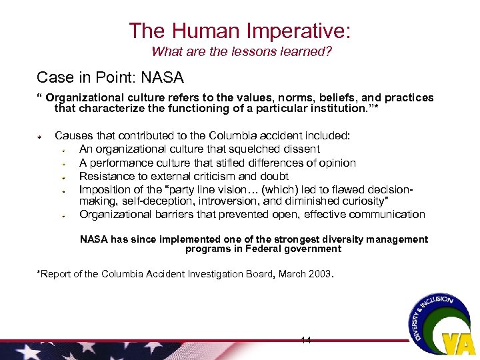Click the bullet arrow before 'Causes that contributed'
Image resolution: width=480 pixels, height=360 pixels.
tap(40, 136)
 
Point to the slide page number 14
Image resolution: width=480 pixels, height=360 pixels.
tap(306, 340)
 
